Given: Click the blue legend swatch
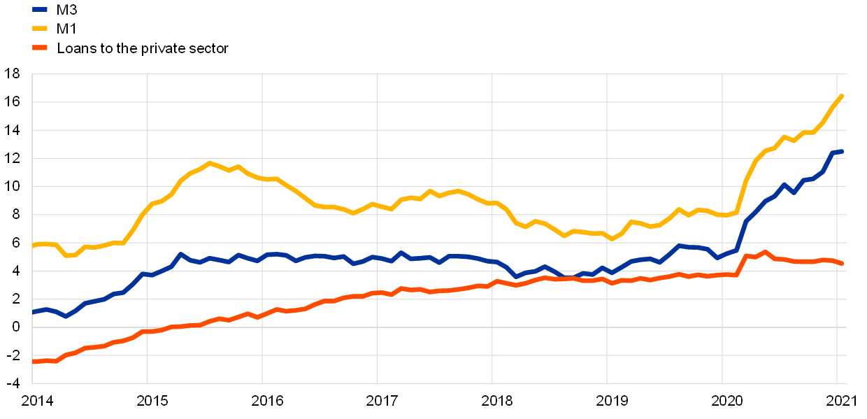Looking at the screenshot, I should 40,10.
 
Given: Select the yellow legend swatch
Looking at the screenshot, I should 40,29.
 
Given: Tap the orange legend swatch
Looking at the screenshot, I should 40,48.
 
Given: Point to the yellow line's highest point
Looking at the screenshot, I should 842,96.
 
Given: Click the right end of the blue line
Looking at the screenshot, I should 842,151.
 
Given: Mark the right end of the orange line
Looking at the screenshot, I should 842,263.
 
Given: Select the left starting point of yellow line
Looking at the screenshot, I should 33,246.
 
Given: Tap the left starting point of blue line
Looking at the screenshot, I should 33,313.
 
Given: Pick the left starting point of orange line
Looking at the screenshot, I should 33,362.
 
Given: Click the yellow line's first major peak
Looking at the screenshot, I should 208,163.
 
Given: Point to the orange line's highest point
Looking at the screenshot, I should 766,252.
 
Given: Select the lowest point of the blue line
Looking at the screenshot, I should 66,316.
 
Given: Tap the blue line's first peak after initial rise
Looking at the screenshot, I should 180,255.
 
